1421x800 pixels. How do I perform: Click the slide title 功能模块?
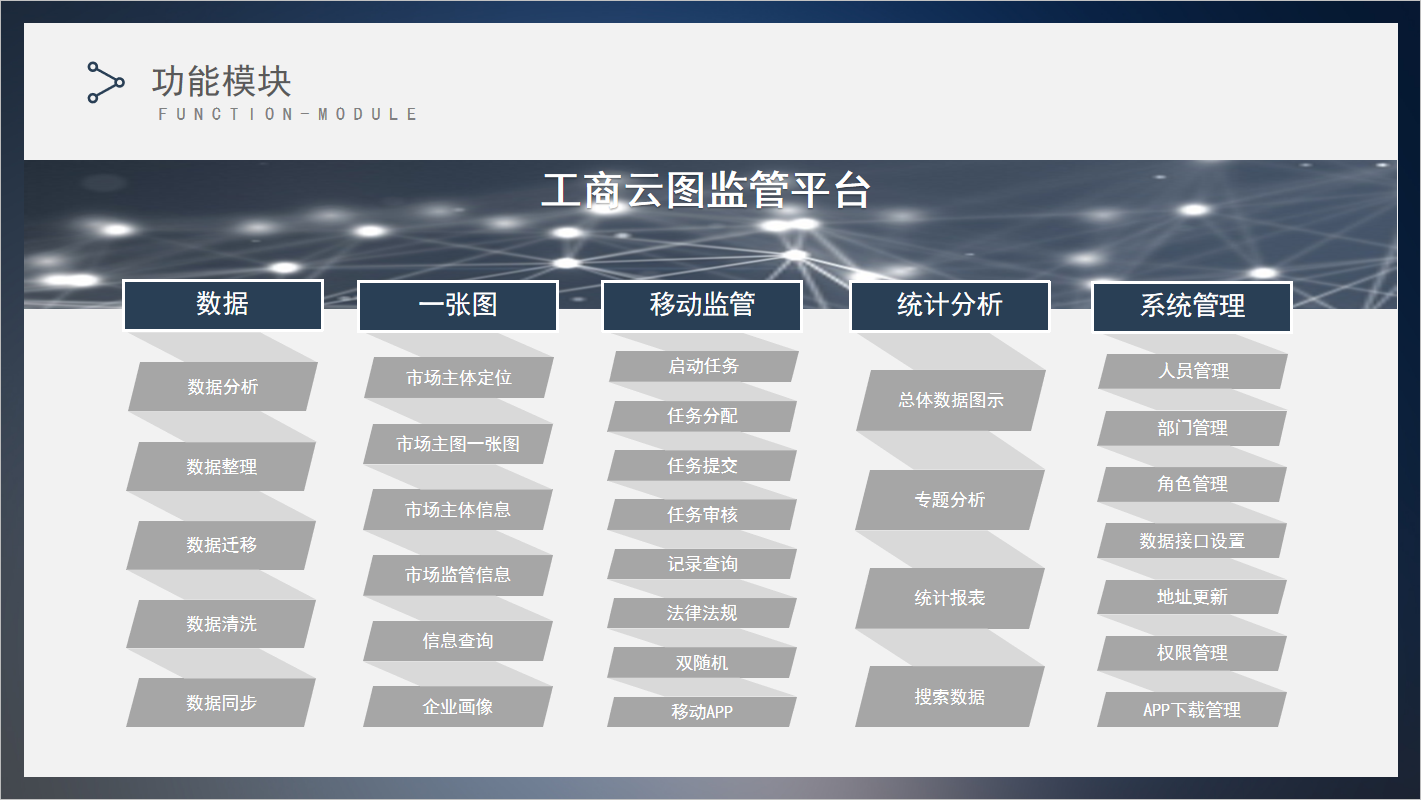click(221, 81)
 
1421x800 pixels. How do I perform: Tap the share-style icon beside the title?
click(105, 82)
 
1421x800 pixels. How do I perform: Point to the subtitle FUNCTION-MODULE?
click(287, 114)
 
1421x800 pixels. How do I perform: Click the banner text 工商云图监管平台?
click(705, 190)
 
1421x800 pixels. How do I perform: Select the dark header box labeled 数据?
click(223, 305)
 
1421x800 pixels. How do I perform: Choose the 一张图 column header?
click(458, 306)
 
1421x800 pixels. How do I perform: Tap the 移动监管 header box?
click(702, 306)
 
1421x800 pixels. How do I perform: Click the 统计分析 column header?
click(950, 306)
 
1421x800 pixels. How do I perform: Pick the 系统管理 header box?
click(1192, 306)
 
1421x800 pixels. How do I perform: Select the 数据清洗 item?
click(221, 624)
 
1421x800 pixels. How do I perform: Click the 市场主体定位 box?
click(459, 377)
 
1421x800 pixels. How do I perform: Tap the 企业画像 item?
click(457, 706)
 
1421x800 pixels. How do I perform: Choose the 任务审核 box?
click(702, 515)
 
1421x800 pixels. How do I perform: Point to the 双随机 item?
click(702, 662)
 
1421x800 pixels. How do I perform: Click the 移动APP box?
click(702, 712)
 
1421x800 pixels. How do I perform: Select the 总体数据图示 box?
click(950, 400)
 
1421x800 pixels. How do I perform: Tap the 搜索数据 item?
click(950, 697)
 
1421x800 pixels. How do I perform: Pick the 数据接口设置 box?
click(1192, 541)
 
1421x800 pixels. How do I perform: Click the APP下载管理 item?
click(1192, 709)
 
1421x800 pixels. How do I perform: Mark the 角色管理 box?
click(1192, 484)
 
